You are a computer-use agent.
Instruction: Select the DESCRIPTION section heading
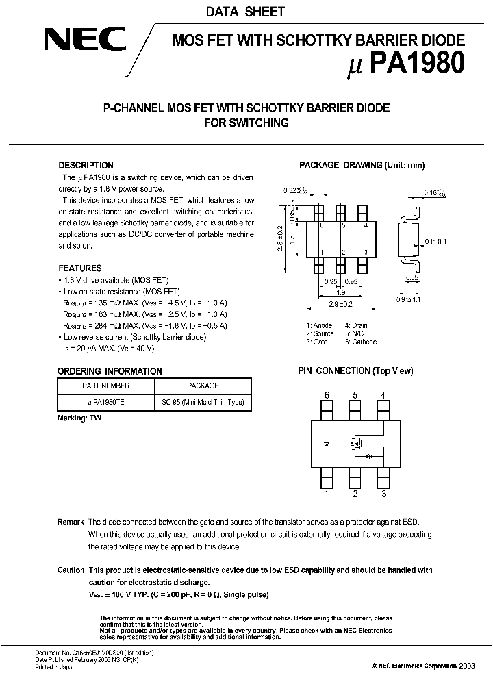click(86, 165)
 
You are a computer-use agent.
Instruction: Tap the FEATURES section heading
click(79, 268)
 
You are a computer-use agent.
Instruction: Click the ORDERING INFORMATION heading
click(110, 371)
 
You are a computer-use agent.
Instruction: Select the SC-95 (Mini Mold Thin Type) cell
click(202, 403)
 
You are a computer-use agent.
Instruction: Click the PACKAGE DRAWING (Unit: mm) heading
click(362, 165)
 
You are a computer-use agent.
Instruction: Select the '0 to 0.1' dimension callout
click(436, 242)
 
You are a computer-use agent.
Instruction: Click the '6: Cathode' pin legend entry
click(360, 342)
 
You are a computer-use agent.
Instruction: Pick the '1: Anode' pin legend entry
click(320, 325)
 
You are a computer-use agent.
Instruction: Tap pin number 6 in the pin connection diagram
click(327, 394)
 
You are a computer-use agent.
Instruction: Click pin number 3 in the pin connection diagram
click(384, 494)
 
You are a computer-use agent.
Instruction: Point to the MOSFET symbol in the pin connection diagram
click(356, 444)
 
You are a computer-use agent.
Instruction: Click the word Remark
click(71, 521)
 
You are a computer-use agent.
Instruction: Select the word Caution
click(71, 570)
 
